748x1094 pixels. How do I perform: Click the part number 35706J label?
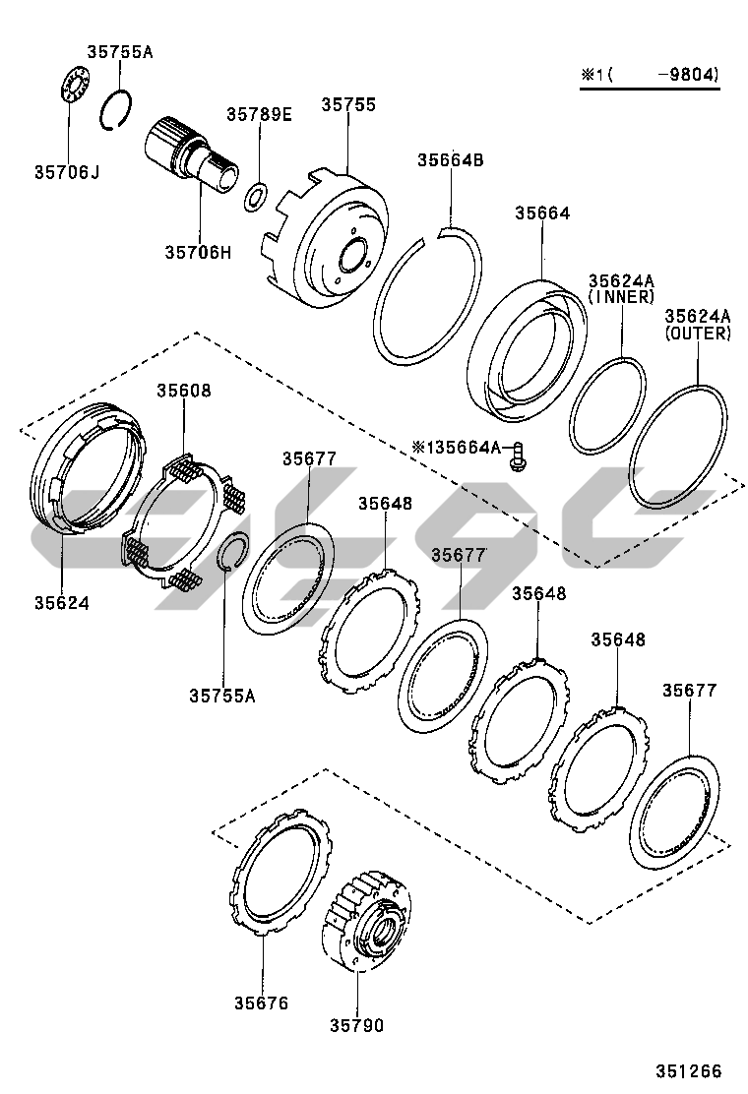coord(68,173)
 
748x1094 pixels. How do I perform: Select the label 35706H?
coord(198,252)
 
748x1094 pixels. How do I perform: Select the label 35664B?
coord(450,160)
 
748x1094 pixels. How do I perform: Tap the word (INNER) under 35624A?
coord(621,296)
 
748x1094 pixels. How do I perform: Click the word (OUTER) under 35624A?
coord(697,334)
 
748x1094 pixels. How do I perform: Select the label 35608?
coord(183,391)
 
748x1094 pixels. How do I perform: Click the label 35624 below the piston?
coord(61,602)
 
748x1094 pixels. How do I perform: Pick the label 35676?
coord(261,1003)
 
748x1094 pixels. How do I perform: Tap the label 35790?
coord(356,1025)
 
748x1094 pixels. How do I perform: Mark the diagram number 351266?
coord(689,1071)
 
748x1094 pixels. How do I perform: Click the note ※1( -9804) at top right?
coord(649,75)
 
